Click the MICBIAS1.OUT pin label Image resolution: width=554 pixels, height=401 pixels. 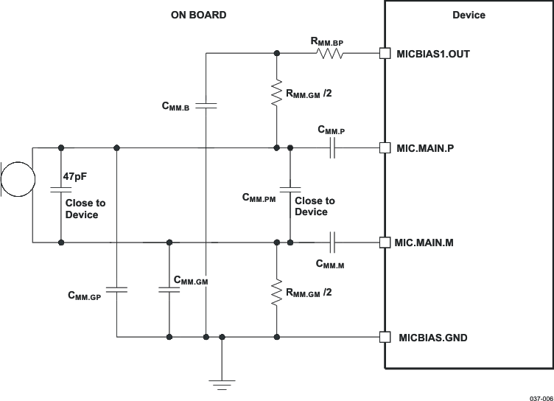pyautogui.click(x=432, y=54)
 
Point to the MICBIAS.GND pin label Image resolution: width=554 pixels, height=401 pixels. pyautogui.click(x=432, y=338)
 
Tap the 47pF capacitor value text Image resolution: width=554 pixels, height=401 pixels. pyautogui.click(x=77, y=177)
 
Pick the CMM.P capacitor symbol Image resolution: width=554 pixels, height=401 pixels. pyautogui.click(x=332, y=148)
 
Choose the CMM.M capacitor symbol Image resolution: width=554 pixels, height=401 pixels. pyautogui.click(x=332, y=242)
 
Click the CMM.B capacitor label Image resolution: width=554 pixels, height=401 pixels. pyautogui.click(x=176, y=107)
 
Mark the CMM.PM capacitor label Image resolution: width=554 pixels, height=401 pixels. pyautogui.click(x=259, y=198)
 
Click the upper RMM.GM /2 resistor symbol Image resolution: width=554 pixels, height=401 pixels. pyautogui.click(x=276, y=94)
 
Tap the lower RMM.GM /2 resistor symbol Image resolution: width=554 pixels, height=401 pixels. pyautogui.click(x=276, y=293)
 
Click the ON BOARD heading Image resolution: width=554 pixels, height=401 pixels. pyautogui.click(x=199, y=15)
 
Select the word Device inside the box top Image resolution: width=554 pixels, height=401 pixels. pyautogui.click(x=469, y=15)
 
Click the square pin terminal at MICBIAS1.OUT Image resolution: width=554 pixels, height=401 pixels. pyautogui.click(x=384, y=53)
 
